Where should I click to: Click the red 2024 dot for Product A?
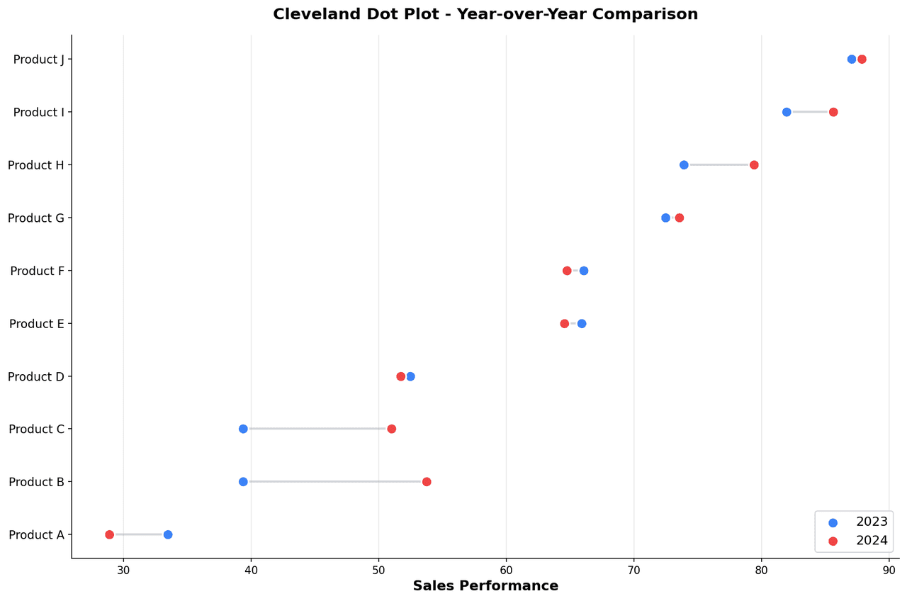click(x=109, y=534)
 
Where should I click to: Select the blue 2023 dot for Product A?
click(x=168, y=534)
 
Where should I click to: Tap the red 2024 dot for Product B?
click(x=427, y=482)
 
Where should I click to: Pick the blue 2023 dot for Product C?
click(x=243, y=429)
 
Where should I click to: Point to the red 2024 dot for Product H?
click(x=754, y=165)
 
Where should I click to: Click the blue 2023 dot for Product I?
click(x=787, y=112)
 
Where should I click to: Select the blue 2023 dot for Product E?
click(x=582, y=324)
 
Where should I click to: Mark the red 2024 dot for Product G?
click(x=680, y=218)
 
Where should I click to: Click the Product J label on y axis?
click(x=38, y=60)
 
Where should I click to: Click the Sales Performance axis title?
click(x=485, y=586)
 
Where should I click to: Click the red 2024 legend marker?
click(x=833, y=541)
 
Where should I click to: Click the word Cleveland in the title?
click(x=309, y=14)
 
